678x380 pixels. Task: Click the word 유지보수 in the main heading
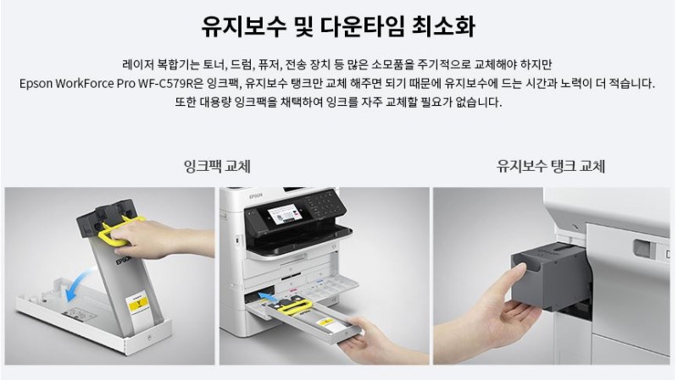pyautogui.click(x=244, y=26)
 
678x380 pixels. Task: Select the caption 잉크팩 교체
pyautogui.click(x=217, y=166)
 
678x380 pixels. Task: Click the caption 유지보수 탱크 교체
pyautogui.click(x=550, y=166)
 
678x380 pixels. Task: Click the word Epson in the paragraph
pyautogui.click(x=36, y=84)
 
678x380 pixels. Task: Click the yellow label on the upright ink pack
pyautogui.click(x=138, y=304)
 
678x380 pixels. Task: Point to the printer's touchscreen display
pyautogui.click(x=284, y=215)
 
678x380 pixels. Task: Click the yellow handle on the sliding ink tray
pyautogui.click(x=294, y=306)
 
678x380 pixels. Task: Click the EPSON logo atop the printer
pyautogui.click(x=256, y=196)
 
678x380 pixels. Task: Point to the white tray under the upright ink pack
pyautogui.click(x=93, y=317)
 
